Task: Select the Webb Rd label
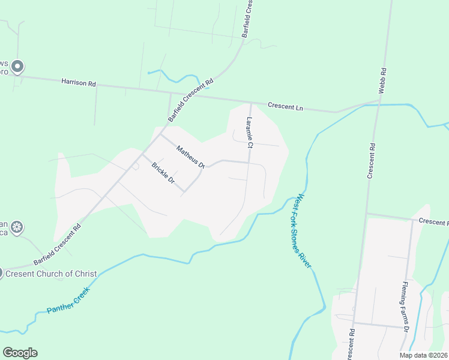coord(382,80)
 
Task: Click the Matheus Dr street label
coord(190,155)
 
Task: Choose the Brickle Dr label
coord(163,173)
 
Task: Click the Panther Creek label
coord(68,301)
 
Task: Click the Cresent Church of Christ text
coord(51,274)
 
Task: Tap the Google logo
coord(20,353)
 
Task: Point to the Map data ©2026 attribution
coord(423,355)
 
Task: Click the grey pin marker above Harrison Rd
coord(18,66)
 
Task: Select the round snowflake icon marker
coord(18,227)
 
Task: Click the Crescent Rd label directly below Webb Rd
coord(372,160)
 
